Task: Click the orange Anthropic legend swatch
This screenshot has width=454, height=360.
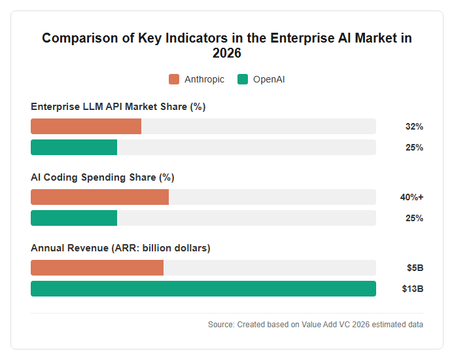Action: [174, 79]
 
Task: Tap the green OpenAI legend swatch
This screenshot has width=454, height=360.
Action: [243, 79]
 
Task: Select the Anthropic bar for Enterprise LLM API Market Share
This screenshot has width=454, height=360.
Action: [86, 126]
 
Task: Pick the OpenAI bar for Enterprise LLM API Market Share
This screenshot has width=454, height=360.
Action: [74, 147]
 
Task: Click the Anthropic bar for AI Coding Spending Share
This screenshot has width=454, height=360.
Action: [99, 197]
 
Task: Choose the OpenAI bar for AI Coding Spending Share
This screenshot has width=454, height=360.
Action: [74, 218]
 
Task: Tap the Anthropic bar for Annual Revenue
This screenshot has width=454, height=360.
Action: [97, 268]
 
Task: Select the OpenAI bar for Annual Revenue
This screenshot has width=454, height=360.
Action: [203, 289]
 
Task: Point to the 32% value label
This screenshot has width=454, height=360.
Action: [414, 126]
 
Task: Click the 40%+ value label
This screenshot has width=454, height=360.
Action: [411, 197]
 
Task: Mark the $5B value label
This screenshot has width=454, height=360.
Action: [415, 268]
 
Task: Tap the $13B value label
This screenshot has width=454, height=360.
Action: [413, 289]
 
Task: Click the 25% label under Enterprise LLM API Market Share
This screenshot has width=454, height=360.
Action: [414, 147]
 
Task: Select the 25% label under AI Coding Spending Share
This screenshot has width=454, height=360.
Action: [414, 218]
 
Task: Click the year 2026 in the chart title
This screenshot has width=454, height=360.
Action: [227, 53]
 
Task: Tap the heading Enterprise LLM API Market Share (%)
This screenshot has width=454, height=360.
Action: [118, 107]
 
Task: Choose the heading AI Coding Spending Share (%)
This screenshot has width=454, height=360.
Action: [103, 177]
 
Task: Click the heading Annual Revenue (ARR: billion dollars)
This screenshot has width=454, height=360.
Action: [120, 248]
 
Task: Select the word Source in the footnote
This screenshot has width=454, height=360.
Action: [221, 325]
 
